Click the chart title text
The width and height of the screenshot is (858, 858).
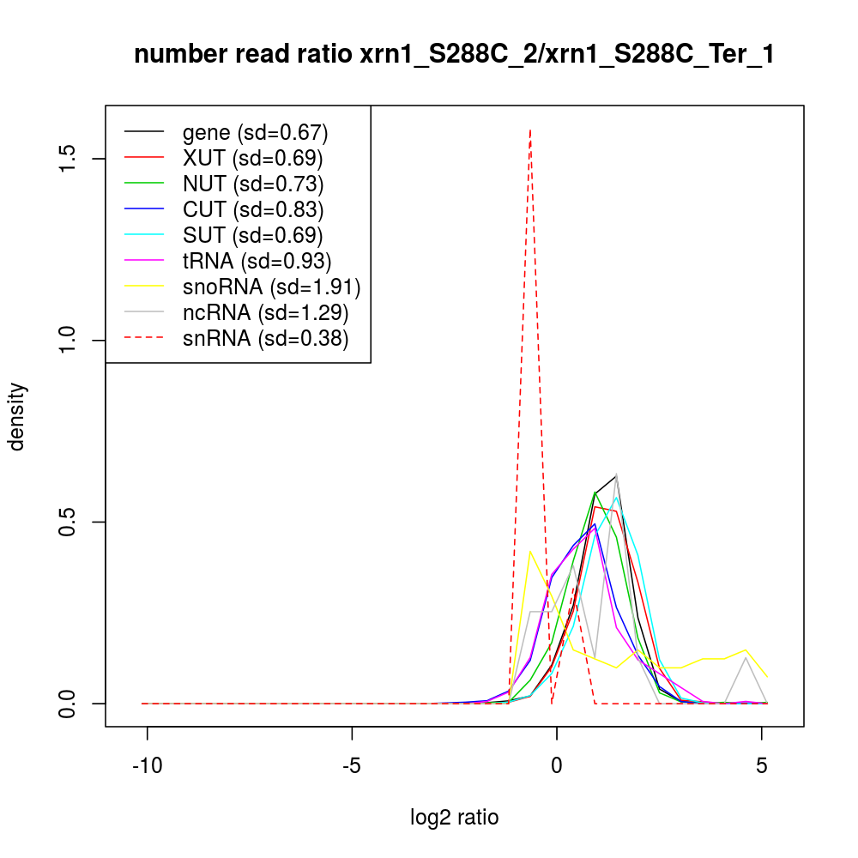pos(455,55)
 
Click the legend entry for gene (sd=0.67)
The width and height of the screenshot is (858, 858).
pos(255,132)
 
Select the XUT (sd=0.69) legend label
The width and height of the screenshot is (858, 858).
pos(252,158)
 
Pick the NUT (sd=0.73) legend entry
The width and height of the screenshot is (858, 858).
pos(253,184)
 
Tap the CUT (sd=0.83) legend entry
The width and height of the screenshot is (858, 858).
pos(253,209)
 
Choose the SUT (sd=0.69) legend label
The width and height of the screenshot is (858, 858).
pos(252,235)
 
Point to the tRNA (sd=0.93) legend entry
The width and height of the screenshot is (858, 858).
pos(257,261)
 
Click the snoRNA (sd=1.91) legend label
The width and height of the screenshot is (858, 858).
pos(271,287)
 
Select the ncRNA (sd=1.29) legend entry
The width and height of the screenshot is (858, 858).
pos(265,312)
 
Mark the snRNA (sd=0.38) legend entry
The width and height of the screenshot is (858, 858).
pos(265,338)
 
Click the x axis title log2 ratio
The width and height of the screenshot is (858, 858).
pos(455,817)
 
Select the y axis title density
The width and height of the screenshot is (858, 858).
pos(18,416)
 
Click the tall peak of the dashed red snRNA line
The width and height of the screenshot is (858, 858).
pos(530,131)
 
